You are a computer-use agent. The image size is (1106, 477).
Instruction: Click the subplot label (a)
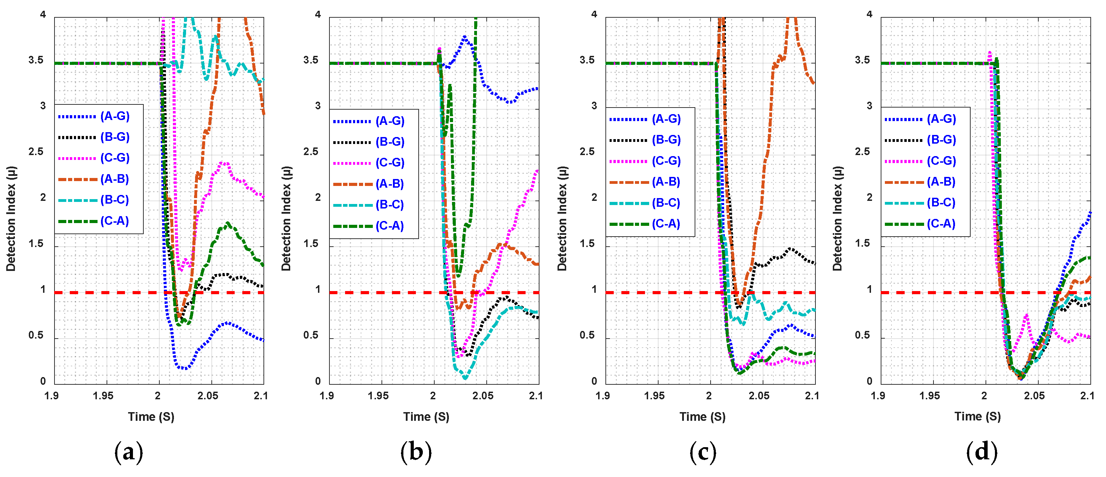point(128,452)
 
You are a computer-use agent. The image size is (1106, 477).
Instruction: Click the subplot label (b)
point(416,452)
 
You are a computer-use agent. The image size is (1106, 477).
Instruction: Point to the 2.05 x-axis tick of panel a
point(208,395)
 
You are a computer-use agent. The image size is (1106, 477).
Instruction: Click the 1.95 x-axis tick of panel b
point(378,395)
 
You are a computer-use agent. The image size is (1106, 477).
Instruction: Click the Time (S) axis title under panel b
point(426,417)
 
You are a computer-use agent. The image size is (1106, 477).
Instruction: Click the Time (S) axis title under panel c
point(702,417)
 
